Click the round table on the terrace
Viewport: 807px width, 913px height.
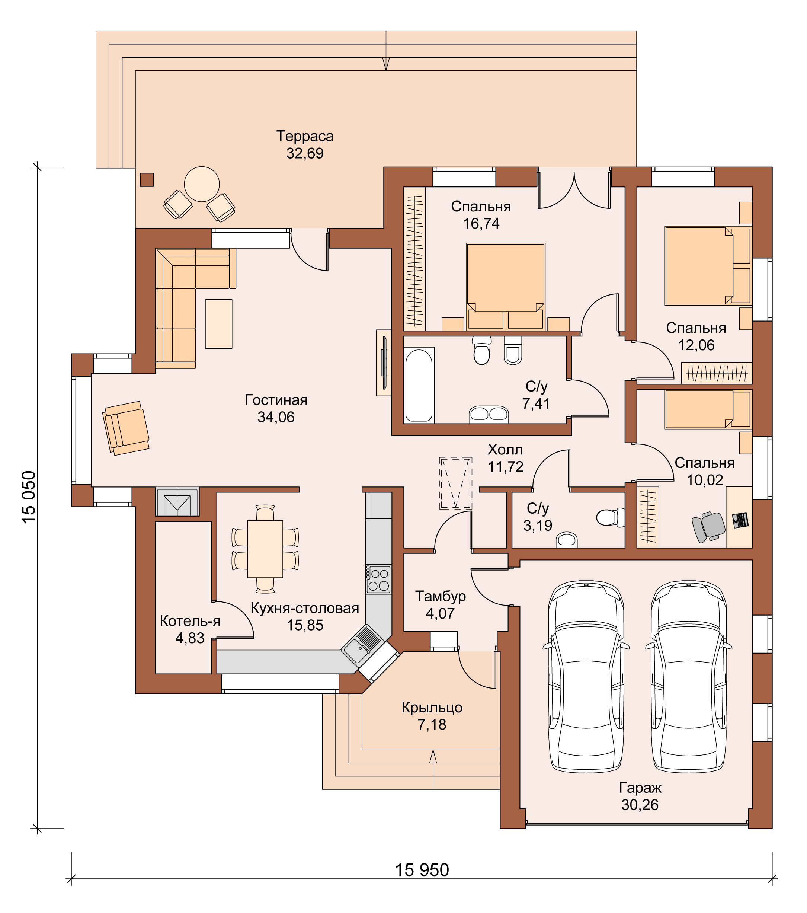202,184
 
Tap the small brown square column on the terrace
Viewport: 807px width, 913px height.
147,179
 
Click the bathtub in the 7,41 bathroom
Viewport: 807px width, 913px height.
419,385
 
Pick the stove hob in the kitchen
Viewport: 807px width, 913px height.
378,580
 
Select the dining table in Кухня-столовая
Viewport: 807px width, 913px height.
265,549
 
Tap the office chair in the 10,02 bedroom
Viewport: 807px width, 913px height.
708,527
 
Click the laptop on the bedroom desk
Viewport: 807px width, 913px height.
740,520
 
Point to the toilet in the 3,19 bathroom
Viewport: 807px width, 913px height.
610,517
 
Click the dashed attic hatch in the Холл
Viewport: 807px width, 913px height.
455,483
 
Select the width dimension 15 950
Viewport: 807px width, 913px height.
422,870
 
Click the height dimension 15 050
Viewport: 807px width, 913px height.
29,497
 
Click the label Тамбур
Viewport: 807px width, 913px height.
441,596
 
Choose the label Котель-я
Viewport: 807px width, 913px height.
190,621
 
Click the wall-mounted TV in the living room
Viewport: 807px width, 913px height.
384,363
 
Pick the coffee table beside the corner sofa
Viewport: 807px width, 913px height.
219,324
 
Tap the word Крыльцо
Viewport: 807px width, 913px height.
432,708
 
